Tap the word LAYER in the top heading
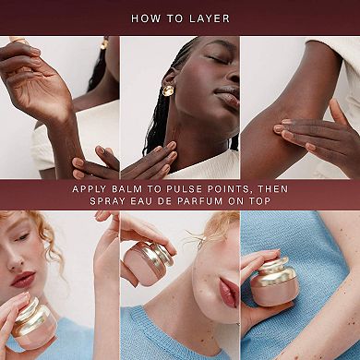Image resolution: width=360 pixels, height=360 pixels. (211, 18)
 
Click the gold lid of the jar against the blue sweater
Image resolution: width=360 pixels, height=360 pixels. (274, 271)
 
